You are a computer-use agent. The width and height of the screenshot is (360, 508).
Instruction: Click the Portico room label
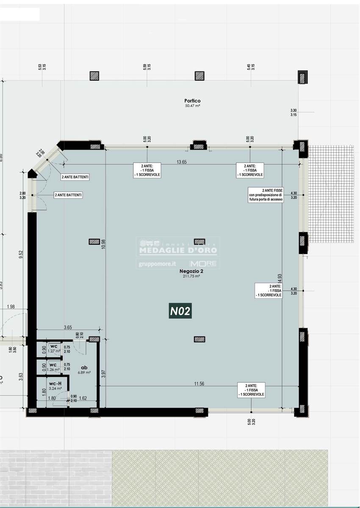tap(192, 101)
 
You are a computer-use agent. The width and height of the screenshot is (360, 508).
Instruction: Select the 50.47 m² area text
tap(192, 106)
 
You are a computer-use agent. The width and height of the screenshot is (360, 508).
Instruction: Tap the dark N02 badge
tap(180, 312)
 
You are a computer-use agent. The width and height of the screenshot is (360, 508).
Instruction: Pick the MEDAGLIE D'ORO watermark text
tap(178, 251)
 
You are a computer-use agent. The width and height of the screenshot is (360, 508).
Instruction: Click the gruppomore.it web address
tap(157, 264)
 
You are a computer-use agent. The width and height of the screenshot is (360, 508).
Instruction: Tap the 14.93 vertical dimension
tap(280, 279)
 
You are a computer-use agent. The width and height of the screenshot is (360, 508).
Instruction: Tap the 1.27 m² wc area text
tap(53, 351)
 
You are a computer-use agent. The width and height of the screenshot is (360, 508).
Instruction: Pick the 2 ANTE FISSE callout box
tap(266, 196)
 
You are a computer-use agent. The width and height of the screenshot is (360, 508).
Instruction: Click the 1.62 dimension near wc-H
tap(83, 398)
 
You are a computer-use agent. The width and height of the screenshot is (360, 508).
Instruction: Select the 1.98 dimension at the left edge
tap(11, 306)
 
